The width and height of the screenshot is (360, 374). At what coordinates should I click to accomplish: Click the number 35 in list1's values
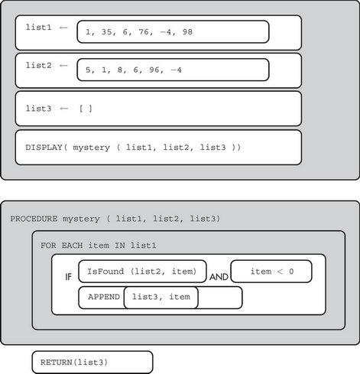tap(107, 32)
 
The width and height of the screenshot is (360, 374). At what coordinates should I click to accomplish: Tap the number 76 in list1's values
tap(144, 32)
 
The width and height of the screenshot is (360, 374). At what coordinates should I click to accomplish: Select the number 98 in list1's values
tap(187, 32)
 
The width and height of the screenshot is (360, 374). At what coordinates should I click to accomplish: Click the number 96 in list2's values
tap(154, 70)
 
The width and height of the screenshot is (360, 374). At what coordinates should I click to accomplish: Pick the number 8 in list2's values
tap(120, 70)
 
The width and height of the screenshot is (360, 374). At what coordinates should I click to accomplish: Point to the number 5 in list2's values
tap(88, 70)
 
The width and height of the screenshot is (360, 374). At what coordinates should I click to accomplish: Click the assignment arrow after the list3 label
tap(64, 109)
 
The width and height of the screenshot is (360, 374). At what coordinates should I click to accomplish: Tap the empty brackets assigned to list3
tap(86, 109)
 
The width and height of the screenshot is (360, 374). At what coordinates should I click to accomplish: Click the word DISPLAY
tap(44, 148)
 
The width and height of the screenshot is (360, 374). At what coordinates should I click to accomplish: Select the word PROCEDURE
tap(34, 219)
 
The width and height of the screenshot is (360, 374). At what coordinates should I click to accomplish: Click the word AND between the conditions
tap(219, 277)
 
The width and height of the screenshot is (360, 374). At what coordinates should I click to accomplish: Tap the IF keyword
tap(68, 277)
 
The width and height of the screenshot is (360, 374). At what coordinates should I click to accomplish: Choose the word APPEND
tap(104, 297)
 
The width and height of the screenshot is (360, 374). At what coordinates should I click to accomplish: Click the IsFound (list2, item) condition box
tap(142, 272)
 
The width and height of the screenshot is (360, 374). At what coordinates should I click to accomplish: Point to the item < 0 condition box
tap(271, 272)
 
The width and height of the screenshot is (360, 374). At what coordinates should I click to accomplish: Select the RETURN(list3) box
tap(92, 363)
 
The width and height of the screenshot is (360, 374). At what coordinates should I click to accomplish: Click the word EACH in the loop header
tap(72, 246)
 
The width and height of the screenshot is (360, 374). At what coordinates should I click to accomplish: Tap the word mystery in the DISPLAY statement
tap(92, 148)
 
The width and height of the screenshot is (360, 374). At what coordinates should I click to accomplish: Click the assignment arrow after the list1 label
tap(63, 28)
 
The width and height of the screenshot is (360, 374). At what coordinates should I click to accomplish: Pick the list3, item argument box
tap(161, 298)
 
